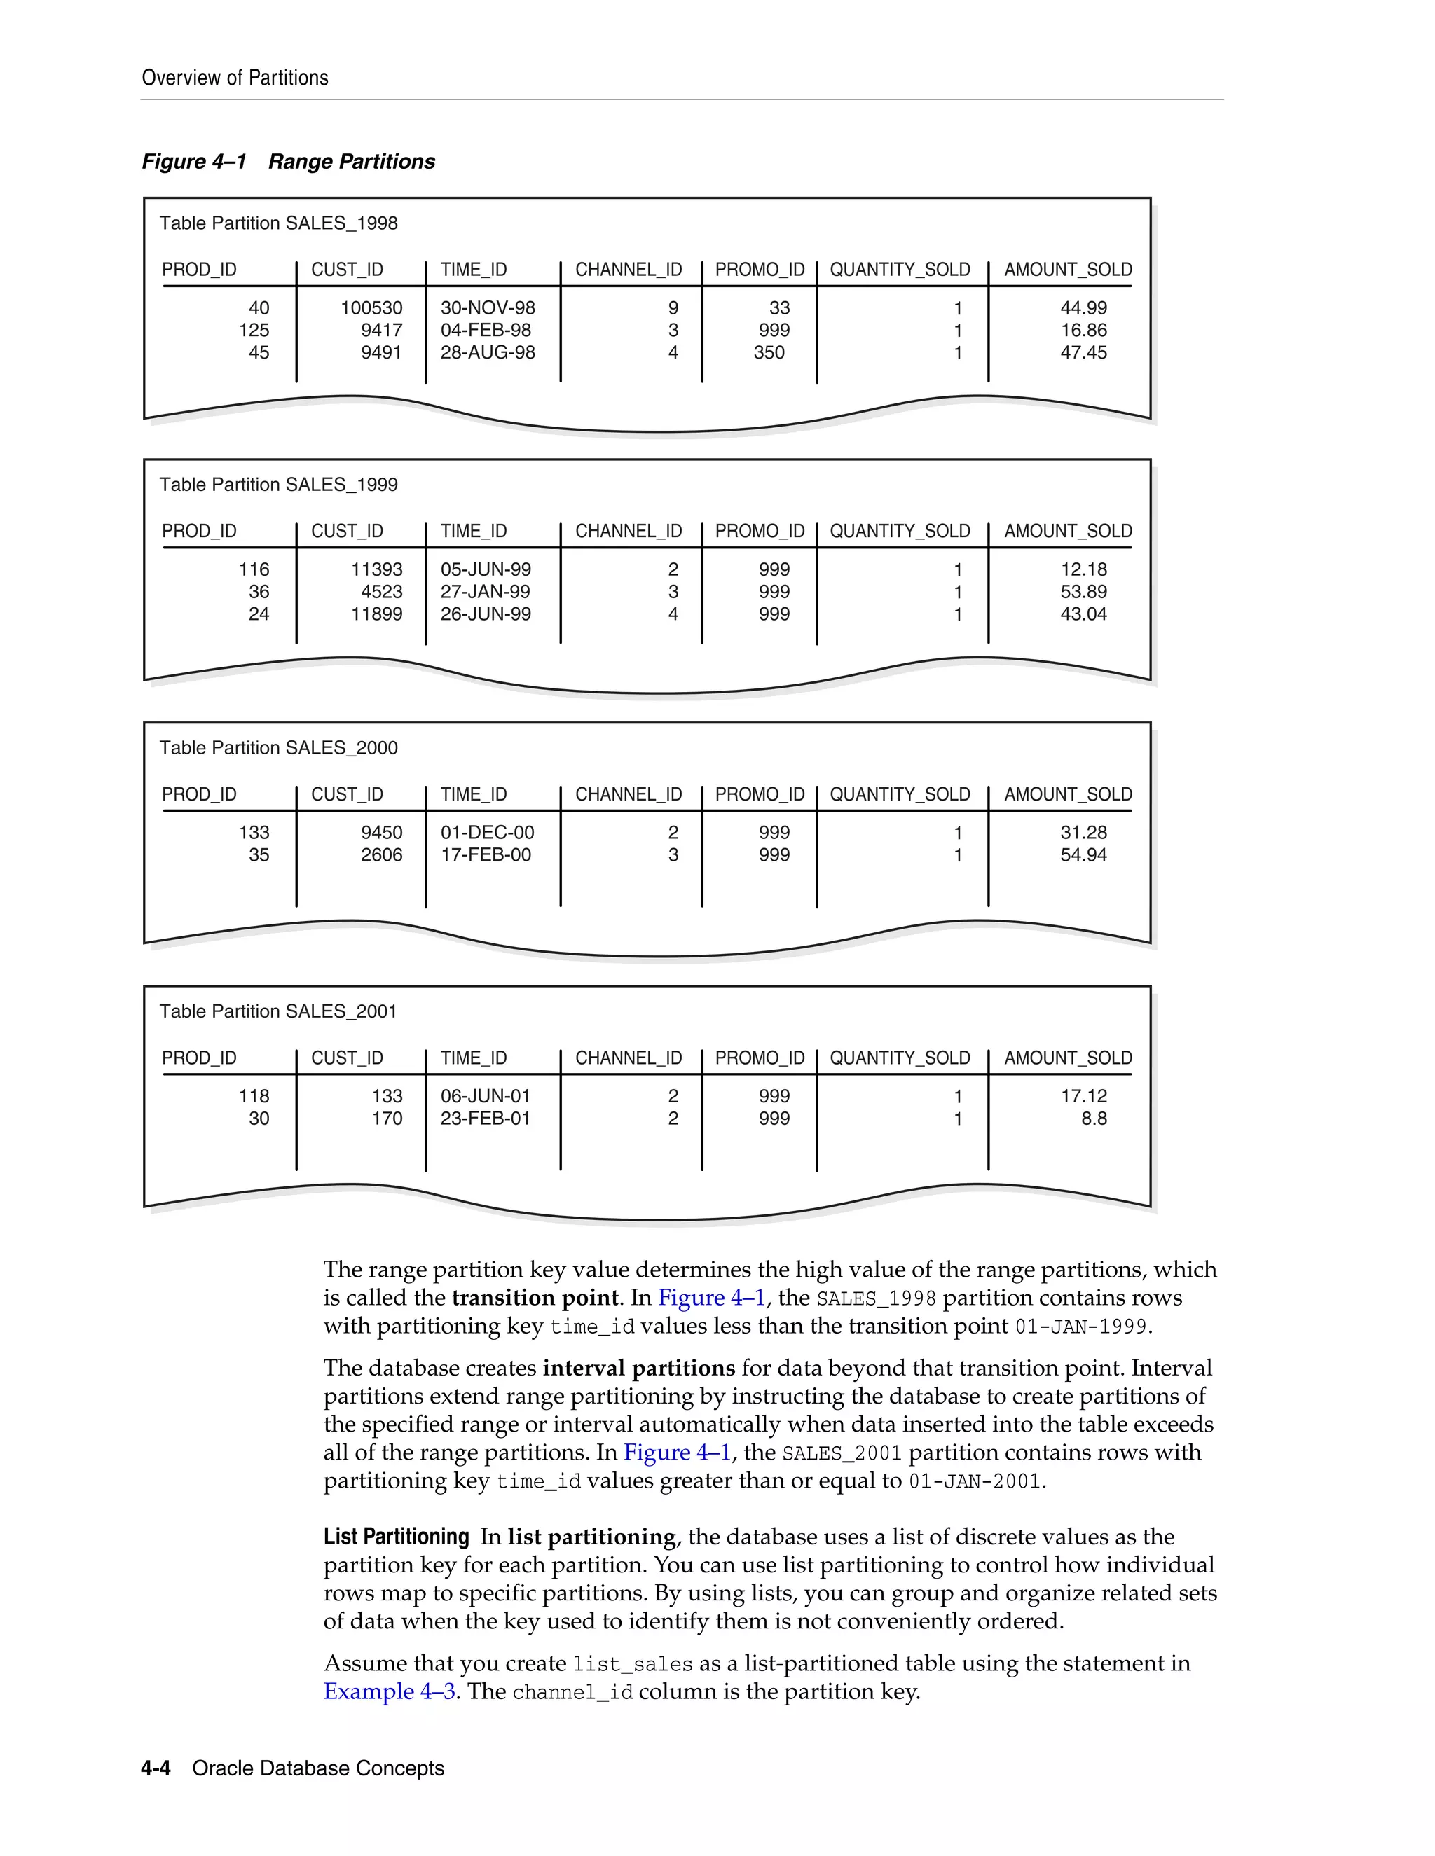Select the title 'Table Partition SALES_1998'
pos(278,223)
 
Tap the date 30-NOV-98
pos(487,307)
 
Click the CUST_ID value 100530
pos(371,307)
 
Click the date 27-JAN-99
pos(485,592)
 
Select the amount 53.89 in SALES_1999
pos(1083,592)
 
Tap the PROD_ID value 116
pos(254,569)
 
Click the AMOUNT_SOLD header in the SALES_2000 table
pos(1068,795)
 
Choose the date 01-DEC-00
pos(487,833)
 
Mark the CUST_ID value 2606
pos(381,855)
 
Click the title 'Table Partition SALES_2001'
pos(278,1011)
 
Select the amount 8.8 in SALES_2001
pos(1093,1119)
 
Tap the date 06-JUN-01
pos(485,1096)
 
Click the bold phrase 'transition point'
pos(535,1298)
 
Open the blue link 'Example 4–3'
pos(390,1691)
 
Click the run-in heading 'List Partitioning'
pos(396,1537)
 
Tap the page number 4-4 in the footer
pos(156,1768)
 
